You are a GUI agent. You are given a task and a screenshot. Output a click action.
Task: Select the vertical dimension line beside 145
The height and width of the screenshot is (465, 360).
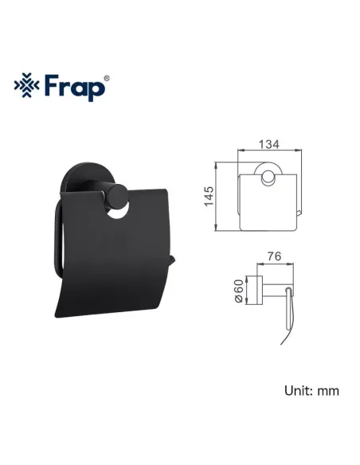[217, 197]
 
